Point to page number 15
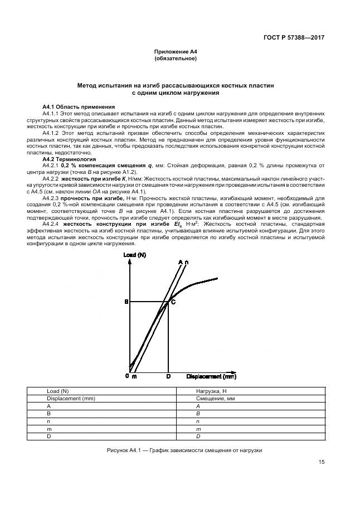pos(322,462)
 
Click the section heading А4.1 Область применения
pos(79,106)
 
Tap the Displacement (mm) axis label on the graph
pos(211,376)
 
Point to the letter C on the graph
pos(173,302)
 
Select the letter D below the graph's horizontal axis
pos(168,377)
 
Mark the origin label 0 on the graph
pos(127,376)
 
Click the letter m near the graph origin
pos(134,377)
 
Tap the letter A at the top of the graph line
pos(180,262)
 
